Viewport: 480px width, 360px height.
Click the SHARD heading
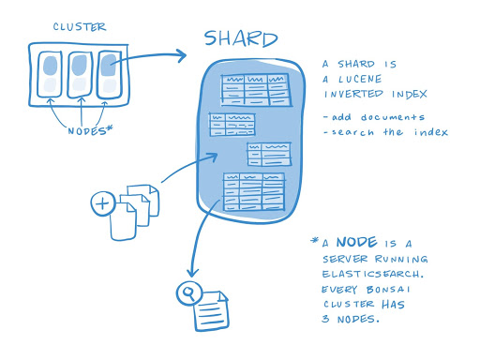(x=241, y=39)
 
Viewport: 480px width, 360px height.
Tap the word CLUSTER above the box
(x=79, y=27)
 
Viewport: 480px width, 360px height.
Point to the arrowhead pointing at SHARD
(x=182, y=56)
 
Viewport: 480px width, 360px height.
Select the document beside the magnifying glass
(x=212, y=310)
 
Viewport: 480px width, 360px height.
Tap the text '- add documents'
(x=372, y=117)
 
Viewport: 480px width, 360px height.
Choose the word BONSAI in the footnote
(x=404, y=291)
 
